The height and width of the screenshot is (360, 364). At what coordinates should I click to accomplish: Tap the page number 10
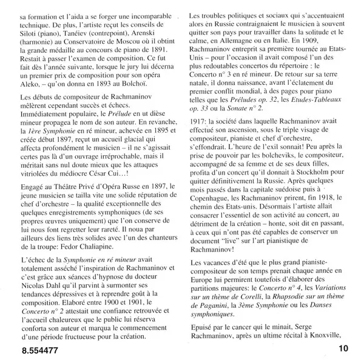(343, 348)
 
